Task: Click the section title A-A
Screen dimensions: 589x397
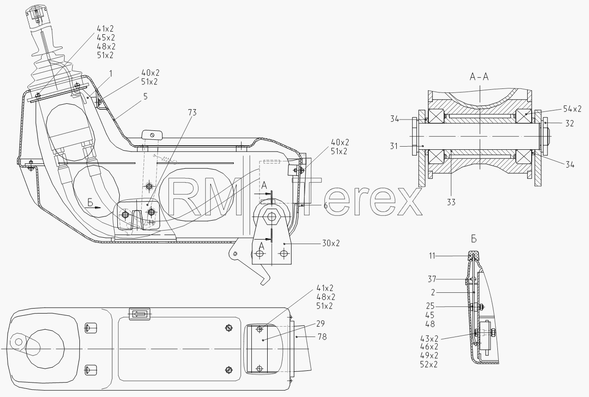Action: coord(479,77)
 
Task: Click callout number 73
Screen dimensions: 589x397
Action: coord(192,112)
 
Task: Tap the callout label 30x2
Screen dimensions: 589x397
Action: coord(331,243)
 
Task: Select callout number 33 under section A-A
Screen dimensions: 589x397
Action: coord(451,202)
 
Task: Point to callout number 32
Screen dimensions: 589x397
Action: coord(570,123)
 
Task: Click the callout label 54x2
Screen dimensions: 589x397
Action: coord(572,109)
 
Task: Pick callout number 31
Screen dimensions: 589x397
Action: coord(394,146)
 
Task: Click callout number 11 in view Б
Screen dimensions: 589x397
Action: coord(432,256)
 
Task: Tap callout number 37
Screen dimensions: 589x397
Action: coord(432,279)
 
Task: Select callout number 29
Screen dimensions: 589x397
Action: coord(320,323)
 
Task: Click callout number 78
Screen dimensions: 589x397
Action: coord(322,337)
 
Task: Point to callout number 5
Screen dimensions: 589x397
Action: coord(145,97)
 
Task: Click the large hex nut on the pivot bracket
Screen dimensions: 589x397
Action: coord(271,217)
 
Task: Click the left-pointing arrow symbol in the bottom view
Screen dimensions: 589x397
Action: coord(139,314)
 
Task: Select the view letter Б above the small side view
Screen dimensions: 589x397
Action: coord(473,239)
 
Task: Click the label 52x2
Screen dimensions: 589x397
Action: coord(429,365)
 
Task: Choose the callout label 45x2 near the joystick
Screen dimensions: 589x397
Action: coord(106,37)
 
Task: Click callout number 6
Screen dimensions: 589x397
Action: coord(325,206)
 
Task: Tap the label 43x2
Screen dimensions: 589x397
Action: coord(429,338)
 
